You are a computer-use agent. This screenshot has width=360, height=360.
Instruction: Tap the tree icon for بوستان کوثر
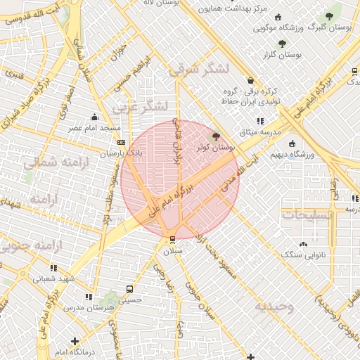(x=215, y=136)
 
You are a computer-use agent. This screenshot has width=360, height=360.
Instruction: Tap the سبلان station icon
(x=172, y=239)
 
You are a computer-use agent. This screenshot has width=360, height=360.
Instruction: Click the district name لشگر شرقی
(x=200, y=69)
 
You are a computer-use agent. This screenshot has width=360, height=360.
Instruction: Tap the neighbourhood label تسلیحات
(x=307, y=215)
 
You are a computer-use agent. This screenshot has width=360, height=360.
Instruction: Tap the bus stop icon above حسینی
(x=129, y=289)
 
